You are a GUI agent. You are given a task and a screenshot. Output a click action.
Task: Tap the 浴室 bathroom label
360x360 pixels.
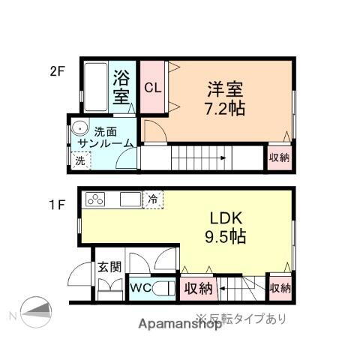(121, 87)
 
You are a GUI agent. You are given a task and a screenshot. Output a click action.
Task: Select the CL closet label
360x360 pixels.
(152, 87)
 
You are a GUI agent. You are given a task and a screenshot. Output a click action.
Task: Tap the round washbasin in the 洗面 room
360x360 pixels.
(80, 132)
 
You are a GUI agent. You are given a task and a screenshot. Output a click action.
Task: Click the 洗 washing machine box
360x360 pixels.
(80, 160)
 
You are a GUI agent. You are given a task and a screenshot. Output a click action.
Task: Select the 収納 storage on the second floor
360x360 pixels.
(279, 157)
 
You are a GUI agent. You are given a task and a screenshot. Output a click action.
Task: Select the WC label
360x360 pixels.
(139, 288)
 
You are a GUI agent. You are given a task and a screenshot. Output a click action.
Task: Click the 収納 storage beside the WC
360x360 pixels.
(199, 288)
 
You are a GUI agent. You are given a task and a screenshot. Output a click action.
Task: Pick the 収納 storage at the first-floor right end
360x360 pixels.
(279, 288)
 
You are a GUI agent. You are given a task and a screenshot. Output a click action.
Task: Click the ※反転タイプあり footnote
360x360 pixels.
(241, 318)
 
